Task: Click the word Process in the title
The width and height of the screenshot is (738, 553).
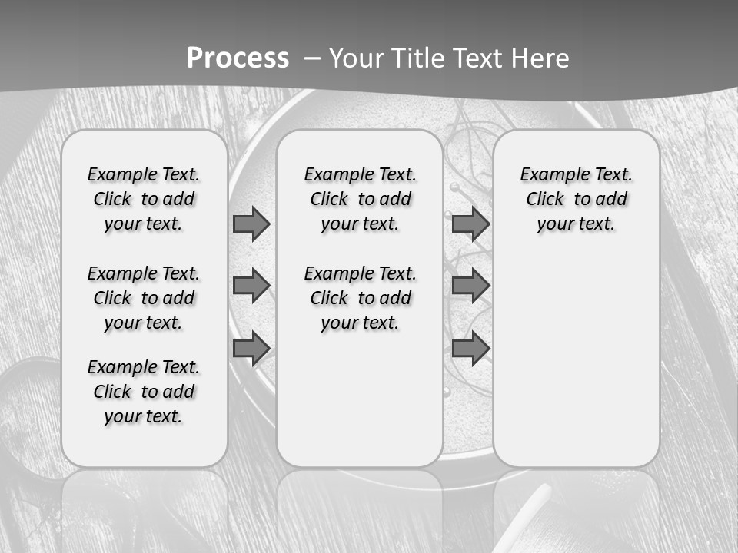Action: click(238, 58)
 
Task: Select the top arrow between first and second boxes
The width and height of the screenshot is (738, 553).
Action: click(251, 224)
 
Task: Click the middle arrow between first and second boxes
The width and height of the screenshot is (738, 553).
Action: click(251, 286)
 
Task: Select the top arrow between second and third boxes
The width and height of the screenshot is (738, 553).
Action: click(470, 224)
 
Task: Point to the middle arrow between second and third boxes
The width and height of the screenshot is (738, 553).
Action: click(470, 286)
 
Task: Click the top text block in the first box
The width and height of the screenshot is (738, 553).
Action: click(144, 199)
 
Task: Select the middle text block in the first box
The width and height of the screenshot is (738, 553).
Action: click(144, 298)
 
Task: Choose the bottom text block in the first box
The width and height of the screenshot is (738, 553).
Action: click(144, 392)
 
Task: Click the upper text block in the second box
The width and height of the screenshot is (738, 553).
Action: click(360, 199)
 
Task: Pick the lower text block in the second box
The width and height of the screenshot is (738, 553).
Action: click(360, 298)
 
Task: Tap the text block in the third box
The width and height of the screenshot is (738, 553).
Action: click(577, 199)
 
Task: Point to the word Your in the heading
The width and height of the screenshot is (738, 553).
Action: click(357, 58)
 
